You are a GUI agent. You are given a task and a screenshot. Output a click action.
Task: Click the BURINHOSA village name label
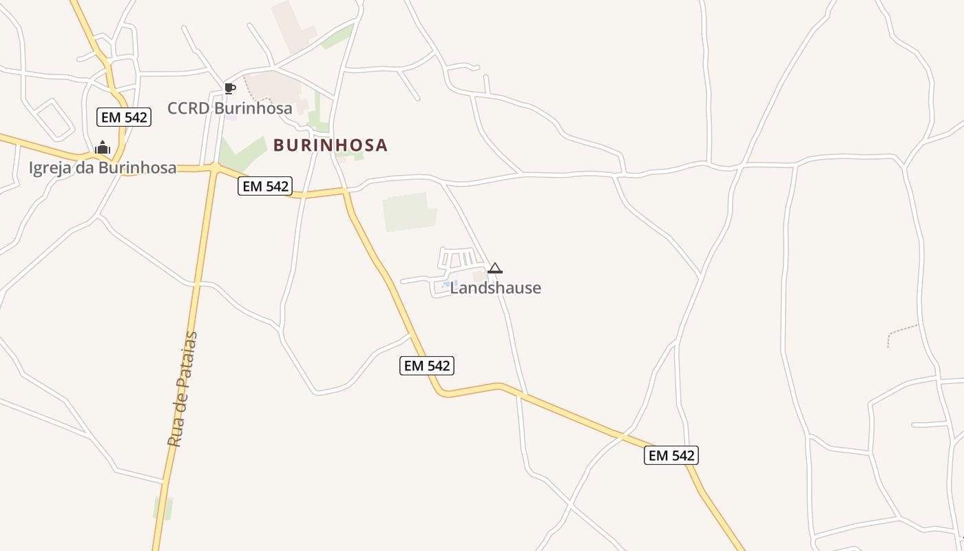(x=331, y=145)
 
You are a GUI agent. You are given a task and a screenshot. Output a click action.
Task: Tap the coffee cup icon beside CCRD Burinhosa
(x=230, y=88)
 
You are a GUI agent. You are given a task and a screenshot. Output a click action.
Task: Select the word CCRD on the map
(x=188, y=108)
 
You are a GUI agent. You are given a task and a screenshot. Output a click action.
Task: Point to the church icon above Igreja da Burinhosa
(x=103, y=147)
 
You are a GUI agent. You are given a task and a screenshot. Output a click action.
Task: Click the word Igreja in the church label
(x=50, y=168)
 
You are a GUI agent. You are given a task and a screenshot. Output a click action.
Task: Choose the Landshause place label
(x=496, y=288)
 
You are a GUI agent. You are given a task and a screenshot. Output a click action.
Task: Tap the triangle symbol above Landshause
(x=494, y=268)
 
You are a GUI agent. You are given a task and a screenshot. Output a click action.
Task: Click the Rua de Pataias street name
(x=182, y=389)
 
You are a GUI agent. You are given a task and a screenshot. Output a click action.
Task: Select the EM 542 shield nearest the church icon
(x=124, y=117)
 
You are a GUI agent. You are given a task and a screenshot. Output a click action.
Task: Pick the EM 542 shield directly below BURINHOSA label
(x=265, y=186)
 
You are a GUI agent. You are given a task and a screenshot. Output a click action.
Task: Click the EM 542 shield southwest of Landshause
(x=427, y=366)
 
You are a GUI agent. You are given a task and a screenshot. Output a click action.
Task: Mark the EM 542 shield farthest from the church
(x=671, y=455)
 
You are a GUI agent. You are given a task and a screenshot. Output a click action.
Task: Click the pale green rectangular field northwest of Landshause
(x=409, y=212)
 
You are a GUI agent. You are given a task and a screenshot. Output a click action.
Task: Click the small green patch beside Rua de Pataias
(x=163, y=508)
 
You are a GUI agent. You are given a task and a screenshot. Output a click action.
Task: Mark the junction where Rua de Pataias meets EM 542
(x=216, y=167)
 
